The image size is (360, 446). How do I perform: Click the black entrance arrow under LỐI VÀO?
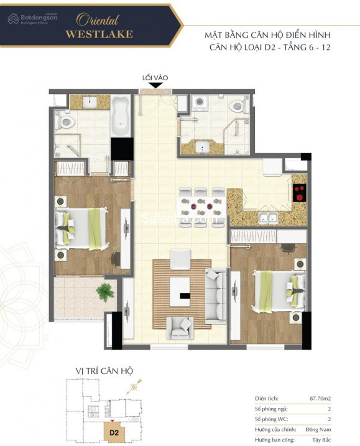[155, 85]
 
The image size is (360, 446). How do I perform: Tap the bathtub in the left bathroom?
[121, 116]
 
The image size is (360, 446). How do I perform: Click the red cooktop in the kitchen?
[300, 193]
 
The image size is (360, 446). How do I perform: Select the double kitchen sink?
[268, 218]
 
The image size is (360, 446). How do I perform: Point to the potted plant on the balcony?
[105, 292]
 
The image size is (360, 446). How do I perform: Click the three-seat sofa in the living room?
[216, 296]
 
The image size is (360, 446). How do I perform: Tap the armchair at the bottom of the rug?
[180, 328]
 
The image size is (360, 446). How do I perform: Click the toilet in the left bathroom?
[65, 123]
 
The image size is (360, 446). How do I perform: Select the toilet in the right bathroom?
[237, 106]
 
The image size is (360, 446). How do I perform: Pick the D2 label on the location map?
[114, 433]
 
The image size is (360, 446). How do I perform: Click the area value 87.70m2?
[320, 399]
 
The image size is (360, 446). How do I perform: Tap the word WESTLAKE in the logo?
[99, 34]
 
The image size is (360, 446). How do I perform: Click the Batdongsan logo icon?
[13, 19]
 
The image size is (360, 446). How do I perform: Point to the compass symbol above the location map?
[133, 386]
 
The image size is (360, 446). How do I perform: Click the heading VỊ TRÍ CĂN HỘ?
[104, 371]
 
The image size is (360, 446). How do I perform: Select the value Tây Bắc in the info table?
[321, 440]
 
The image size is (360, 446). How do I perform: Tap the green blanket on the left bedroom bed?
[95, 229]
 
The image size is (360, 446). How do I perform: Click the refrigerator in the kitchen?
[272, 167]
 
